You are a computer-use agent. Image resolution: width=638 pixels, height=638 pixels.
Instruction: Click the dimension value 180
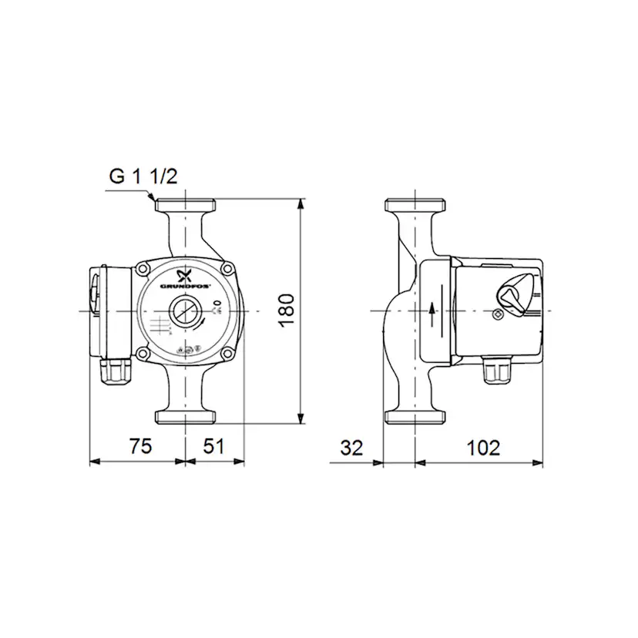click(286, 309)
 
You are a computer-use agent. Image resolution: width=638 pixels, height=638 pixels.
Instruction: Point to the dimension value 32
click(351, 447)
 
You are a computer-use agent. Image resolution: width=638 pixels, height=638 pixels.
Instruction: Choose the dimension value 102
click(484, 447)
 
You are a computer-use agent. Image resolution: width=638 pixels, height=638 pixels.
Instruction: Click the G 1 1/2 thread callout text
click(143, 176)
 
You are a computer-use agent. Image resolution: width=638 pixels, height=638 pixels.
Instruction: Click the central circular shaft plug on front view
click(185, 310)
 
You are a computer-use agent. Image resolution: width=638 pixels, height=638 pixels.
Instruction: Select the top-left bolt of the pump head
click(143, 269)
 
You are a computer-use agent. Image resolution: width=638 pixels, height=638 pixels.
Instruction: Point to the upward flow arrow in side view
click(432, 310)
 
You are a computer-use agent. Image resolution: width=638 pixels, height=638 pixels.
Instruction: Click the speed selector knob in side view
click(512, 294)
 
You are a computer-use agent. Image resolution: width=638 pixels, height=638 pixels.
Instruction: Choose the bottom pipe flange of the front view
click(186, 417)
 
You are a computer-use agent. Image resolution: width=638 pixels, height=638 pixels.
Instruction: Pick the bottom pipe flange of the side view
click(415, 417)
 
